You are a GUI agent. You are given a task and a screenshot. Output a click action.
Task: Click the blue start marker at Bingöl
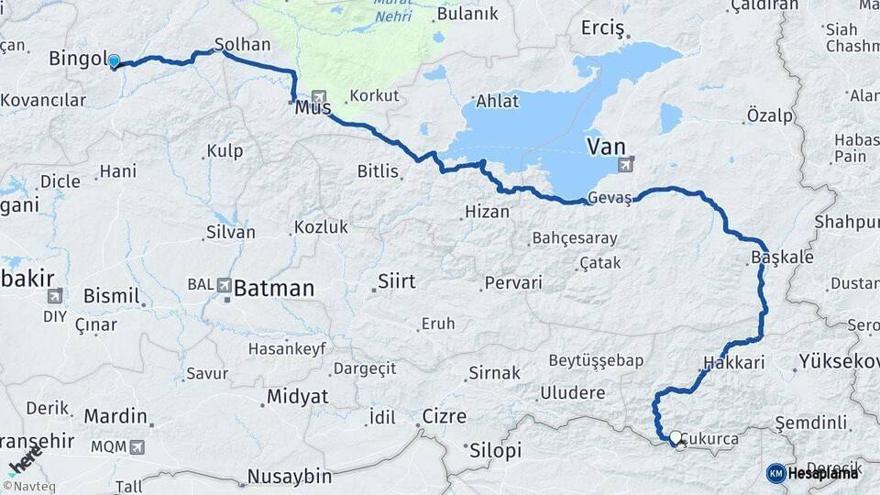click(x=114, y=61)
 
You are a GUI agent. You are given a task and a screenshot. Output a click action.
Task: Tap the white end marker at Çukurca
click(x=676, y=439)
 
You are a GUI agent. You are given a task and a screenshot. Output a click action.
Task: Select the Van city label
click(x=606, y=146)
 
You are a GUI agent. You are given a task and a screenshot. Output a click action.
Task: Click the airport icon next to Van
click(x=627, y=165)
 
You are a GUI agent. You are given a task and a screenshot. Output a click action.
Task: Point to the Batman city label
click(x=274, y=288)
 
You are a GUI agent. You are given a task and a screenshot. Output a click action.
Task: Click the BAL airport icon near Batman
click(x=225, y=285)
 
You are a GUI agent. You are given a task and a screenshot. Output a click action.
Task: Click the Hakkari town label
click(x=734, y=363)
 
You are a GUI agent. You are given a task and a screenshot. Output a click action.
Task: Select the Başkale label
click(x=782, y=258)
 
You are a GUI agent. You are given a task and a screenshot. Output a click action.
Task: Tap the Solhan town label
click(x=242, y=44)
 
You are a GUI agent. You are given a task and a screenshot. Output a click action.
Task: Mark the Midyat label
click(x=295, y=396)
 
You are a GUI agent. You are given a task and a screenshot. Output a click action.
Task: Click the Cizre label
click(x=444, y=416)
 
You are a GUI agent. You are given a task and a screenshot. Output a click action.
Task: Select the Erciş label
click(x=602, y=28)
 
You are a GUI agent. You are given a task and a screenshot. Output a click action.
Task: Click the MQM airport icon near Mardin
click(x=137, y=447)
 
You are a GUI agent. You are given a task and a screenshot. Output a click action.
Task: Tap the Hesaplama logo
click(x=814, y=473)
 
